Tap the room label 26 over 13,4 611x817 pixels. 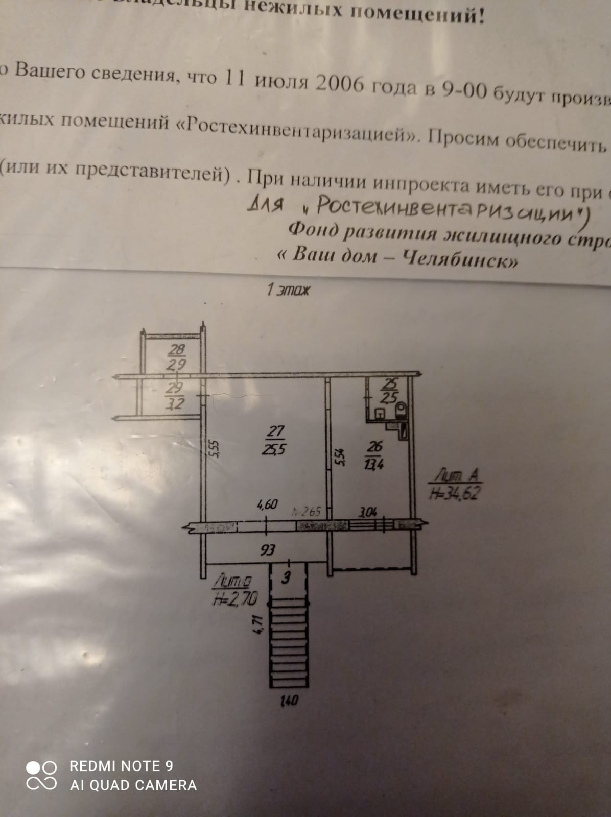pos(374,455)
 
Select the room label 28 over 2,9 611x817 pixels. pos(177,356)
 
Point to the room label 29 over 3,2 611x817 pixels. pos(175,396)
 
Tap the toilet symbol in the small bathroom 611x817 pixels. pos(401,409)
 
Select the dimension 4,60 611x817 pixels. pos(267,505)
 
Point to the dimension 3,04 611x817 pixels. pos(367,511)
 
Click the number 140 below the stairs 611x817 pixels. pos(289,701)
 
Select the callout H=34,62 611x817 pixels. pos(455,493)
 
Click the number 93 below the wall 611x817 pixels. pos(268,549)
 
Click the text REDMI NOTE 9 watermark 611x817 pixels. pos(121,766)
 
